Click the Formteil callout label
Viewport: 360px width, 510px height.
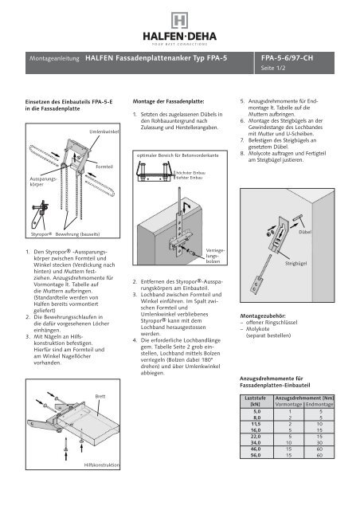coord(104,165)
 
